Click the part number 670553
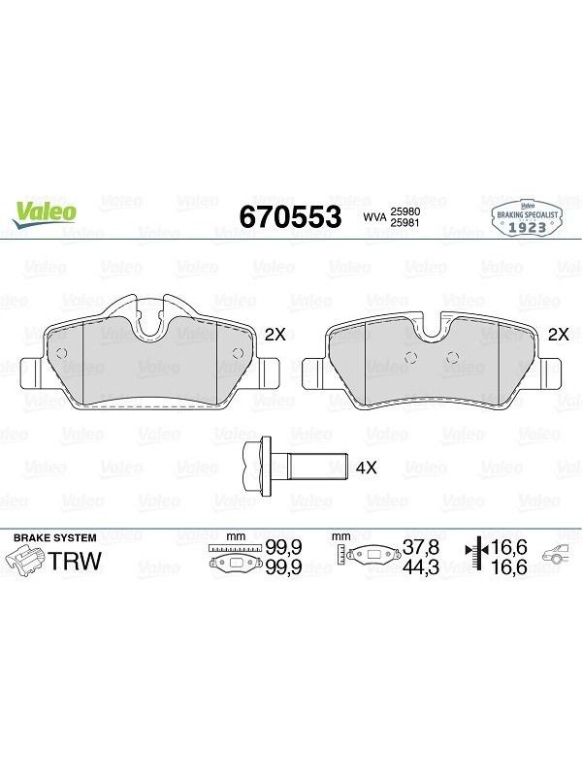[x=290, y=216]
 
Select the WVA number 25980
[x=405, y=211]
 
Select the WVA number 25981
[x=405, y=223]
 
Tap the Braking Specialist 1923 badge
[x=528, y=218]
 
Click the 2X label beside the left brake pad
[x=275, y=335]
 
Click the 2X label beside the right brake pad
[x=559, y=335]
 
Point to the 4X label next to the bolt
[x=367, y=468]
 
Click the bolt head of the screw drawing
[x=258, y=467]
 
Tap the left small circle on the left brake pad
[x=62, y=353]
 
